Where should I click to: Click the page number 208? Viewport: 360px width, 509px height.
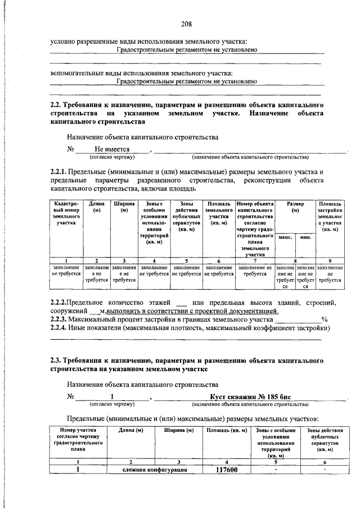(187, 24)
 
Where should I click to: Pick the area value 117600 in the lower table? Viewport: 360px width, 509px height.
(227, 470)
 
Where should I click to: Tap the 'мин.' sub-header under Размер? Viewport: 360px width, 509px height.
(305, 238)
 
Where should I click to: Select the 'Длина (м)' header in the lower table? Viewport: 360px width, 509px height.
(130, 430)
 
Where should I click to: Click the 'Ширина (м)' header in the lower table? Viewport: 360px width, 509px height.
(178, 430)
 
